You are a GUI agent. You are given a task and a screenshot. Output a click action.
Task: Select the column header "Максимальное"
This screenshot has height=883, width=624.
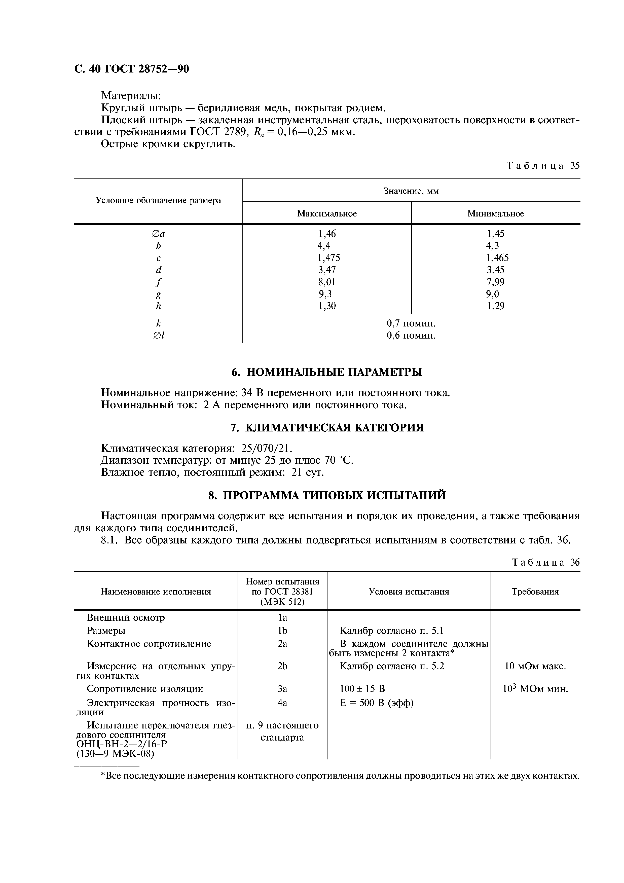[327, 213]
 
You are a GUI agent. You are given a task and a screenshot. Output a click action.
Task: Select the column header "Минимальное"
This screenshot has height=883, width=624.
[496, 213]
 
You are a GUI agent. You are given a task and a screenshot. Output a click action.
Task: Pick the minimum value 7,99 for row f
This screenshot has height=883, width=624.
[496, 282]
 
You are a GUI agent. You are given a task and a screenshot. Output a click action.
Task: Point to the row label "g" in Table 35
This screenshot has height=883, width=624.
[158, 294]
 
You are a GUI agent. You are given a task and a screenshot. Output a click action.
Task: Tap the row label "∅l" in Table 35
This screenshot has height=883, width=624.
[158, 335]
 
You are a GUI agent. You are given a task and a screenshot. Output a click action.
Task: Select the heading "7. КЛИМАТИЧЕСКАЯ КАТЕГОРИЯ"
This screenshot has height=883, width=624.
[327, 428]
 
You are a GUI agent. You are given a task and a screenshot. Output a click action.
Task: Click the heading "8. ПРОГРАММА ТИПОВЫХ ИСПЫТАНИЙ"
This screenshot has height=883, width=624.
[327, 495]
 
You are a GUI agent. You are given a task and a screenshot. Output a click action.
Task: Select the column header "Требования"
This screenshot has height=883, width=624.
[535, 592]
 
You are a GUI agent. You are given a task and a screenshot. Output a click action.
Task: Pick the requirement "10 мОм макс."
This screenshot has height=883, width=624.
[535, 666]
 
